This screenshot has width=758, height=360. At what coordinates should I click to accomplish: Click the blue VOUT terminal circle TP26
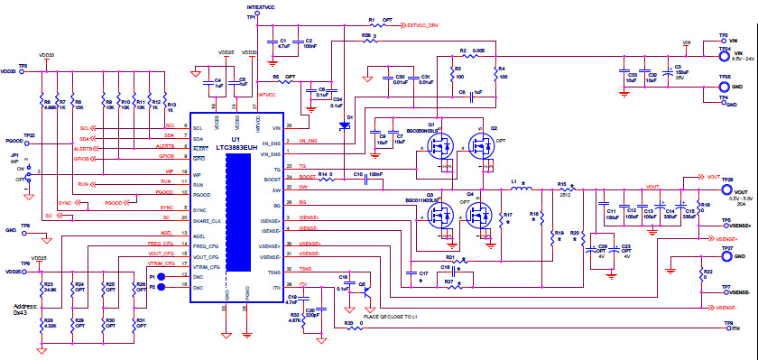click(712, 191)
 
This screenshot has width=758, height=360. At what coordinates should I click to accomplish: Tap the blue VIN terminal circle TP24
click(712, 53)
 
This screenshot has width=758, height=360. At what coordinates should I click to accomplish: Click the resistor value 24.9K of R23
click(50, 291)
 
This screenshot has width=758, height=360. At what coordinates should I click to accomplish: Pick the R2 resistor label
click(463, 51)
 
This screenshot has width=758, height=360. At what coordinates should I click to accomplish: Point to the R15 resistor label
click(561, 183)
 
